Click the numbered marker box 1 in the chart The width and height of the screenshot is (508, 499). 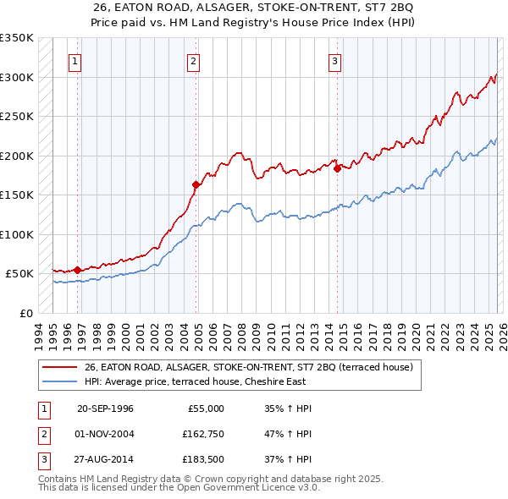(75, 60)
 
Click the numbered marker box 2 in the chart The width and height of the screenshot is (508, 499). (194, 60)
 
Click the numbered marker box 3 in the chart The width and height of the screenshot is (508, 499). (335, 60)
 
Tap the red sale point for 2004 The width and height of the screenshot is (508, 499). (196, 184)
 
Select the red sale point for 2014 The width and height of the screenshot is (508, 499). (337, 168)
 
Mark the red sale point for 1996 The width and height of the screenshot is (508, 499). (77, 270)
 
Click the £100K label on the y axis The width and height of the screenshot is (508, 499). (17, 234)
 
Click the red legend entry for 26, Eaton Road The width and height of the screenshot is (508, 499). (248, 366)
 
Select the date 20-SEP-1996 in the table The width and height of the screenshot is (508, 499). (105, 409)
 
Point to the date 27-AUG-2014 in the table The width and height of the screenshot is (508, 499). (105, 460)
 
